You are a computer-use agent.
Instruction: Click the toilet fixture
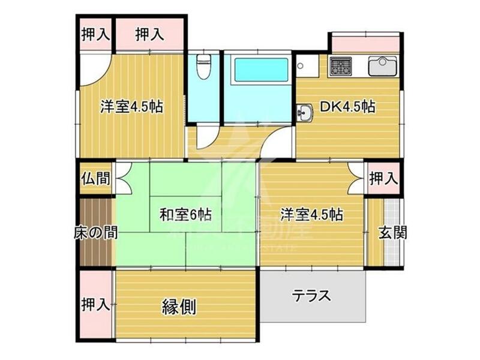[204, 67]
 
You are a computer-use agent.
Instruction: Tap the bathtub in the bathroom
[260, 70]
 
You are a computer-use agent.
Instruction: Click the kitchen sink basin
[382, 66]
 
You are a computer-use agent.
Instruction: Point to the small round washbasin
[305, 112]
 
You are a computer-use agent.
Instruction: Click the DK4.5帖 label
[347, 107]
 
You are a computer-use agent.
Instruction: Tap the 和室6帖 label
[186, 214]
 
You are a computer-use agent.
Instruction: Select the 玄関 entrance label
[392, 232]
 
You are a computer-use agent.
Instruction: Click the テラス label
[312, 296]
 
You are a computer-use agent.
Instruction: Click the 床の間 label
[96, 232]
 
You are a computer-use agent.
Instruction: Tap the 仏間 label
[96, 179]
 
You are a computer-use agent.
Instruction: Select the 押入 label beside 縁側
[95, 304]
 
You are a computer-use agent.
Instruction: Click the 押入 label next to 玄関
[383, 178]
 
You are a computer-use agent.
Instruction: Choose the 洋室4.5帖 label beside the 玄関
[312, 214]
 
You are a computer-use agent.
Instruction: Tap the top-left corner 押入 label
[95, 34]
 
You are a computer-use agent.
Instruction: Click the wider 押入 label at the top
[149, 34]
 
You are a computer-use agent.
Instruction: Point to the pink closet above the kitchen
[365, 44]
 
